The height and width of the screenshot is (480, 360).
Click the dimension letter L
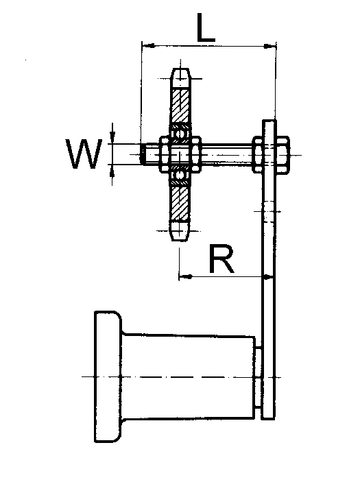pos(206,27)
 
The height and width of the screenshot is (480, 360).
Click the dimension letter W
pos(84,154)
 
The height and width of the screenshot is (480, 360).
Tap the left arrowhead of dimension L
pos(148,46)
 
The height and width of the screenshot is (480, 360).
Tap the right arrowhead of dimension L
pos(269,46)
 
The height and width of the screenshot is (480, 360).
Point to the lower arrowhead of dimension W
pos(112,170)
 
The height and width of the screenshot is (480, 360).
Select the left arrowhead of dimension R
pos(186,277)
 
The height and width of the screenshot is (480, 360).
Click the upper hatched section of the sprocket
pos(180,105)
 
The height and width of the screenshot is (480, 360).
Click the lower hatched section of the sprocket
pos(180,203)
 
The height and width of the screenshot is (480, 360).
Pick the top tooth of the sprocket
pos(180,78)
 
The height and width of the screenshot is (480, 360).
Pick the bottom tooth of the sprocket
pos(180,230)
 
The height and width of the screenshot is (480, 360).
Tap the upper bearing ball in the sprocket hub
pos(180,134)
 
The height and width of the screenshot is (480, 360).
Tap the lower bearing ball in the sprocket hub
pos(180,175)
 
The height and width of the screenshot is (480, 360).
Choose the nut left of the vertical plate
pos(258,155)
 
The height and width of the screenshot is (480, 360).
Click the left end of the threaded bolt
pos(143,154)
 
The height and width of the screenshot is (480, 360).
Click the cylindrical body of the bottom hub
pos(189,377)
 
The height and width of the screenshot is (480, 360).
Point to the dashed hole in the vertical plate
pos(269,211)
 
